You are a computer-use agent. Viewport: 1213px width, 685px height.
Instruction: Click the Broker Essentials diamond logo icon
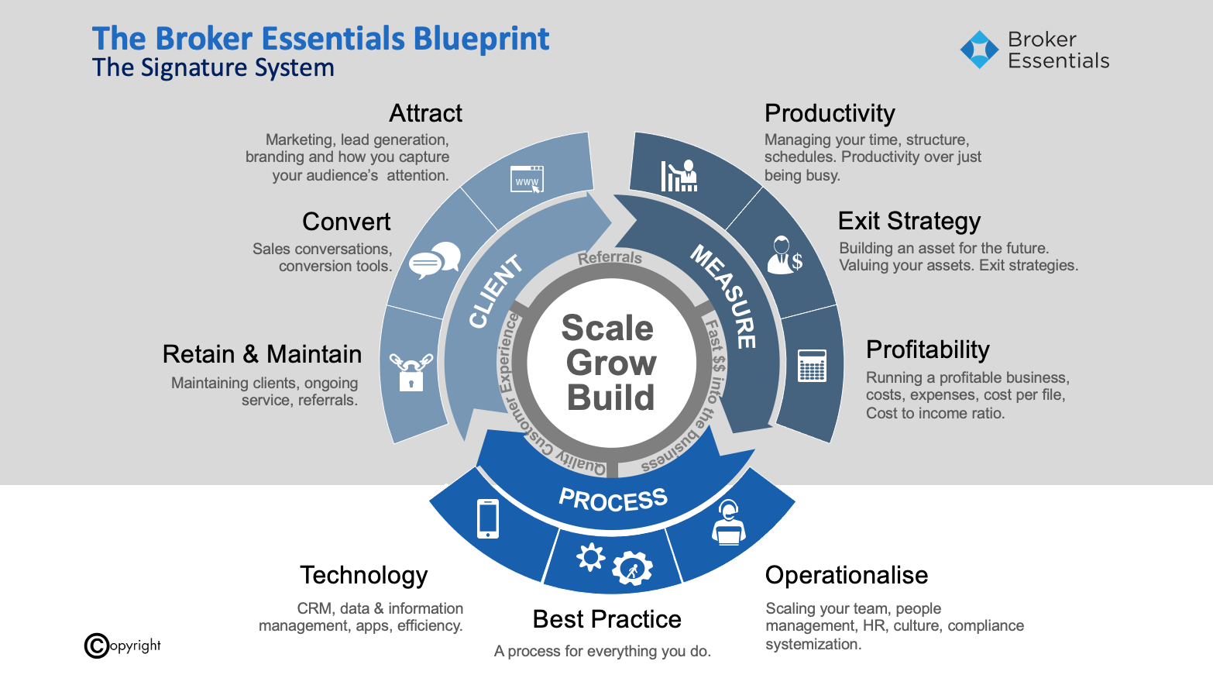point(979,50)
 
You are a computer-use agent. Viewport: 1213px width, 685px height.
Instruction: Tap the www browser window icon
point(527,180)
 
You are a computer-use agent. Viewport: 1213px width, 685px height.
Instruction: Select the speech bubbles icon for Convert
point(434,260)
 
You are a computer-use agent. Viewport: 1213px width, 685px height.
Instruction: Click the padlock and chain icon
point(411,372)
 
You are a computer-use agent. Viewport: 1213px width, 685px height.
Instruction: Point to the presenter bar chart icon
point(679,176)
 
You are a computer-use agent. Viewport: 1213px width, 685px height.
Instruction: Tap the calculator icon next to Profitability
point(812,366)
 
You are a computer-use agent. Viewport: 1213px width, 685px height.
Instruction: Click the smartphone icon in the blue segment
point(488,518)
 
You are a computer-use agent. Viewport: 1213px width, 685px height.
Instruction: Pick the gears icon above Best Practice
point(613,563)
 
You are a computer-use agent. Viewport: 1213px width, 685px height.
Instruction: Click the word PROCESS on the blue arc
point(613,500)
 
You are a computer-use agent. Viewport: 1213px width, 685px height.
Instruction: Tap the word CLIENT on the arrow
point(496,291)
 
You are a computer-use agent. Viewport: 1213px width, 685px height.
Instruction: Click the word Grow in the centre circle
point(611,363)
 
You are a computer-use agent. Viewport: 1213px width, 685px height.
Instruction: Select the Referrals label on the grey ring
point(610,257)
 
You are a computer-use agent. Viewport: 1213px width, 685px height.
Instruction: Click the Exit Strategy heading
point(909,221)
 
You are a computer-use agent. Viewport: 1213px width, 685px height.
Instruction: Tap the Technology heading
point(363,575)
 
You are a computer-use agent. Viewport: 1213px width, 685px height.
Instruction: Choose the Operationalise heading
point(846,575)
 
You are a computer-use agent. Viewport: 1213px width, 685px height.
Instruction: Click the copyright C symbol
point(97,645)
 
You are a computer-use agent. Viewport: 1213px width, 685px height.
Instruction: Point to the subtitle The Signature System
point(213,68)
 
